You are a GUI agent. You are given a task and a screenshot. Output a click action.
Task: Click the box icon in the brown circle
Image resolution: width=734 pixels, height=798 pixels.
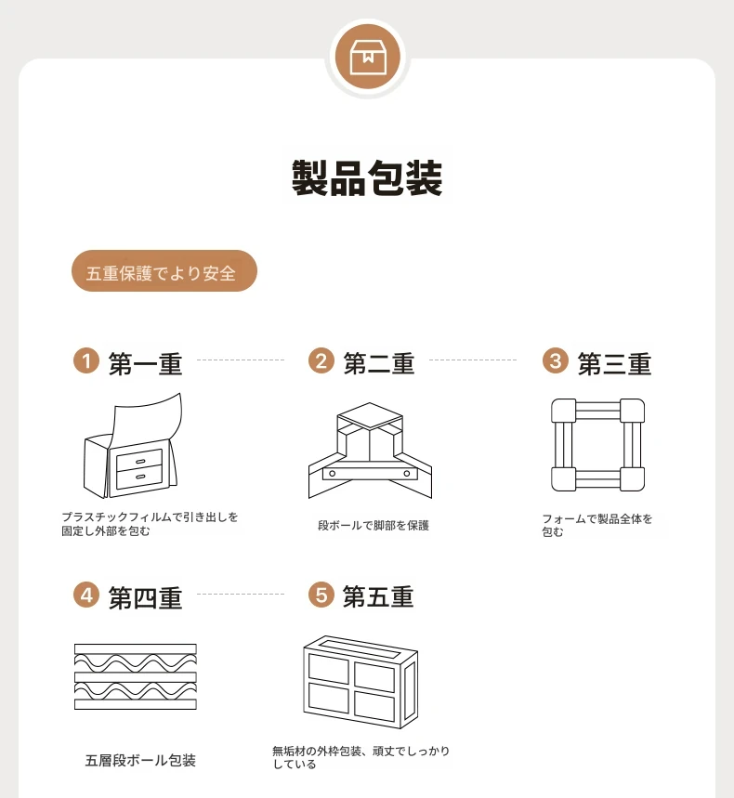(x=368, y=57)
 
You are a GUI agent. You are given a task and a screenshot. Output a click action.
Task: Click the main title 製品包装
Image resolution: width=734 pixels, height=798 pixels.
(x=367, y=177)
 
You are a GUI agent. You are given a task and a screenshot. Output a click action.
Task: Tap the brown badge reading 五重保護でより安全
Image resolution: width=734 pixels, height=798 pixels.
(x=164, y=270)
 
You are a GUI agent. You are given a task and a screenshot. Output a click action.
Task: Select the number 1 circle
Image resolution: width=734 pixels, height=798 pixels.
(x=86, y=360)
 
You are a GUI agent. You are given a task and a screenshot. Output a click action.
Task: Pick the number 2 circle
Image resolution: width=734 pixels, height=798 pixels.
(x=321, y=360)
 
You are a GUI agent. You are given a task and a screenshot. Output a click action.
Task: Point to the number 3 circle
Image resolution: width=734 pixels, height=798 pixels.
(x=556, y=360)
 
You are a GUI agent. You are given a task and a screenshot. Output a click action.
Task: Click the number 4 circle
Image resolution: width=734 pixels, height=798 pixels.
(x=86, y=595)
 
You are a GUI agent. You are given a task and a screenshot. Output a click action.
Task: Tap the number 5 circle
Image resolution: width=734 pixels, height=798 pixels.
(x=321, y=595)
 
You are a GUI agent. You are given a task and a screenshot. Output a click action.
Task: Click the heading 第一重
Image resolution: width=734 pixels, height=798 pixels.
(x=145, y=364)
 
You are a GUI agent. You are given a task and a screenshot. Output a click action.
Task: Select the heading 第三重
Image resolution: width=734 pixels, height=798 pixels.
(x=614, y=364)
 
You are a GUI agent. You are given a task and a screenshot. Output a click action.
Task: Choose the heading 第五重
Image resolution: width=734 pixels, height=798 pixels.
(x=378, y=596)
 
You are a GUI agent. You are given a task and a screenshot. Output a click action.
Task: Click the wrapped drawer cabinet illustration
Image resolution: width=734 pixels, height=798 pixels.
(x=133, y=445)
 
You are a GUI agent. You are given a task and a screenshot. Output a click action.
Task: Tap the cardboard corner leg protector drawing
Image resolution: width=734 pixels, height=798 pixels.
(x=370, y=451)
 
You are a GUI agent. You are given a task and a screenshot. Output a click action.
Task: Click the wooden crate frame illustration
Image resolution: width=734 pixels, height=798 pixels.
(x=360, y=682)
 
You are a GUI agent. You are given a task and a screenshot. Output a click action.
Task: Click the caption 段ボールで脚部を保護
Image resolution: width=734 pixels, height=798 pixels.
(x=374, y=525)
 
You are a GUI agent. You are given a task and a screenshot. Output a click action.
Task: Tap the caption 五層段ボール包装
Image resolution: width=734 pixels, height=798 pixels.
(x=140, y=760)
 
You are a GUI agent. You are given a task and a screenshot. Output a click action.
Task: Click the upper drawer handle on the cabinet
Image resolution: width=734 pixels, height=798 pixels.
(x=140, y=462)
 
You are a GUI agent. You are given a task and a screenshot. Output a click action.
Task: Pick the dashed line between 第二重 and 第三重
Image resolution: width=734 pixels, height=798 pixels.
(x=473, y=360)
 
